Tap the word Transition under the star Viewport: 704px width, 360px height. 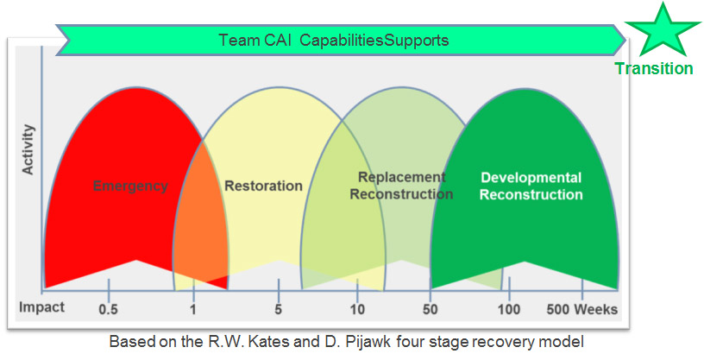654,69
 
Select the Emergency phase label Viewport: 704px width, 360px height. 130,186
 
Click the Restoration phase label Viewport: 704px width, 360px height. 263,186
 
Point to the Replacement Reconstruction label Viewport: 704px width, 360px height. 401,186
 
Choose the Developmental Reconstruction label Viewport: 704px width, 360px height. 531,186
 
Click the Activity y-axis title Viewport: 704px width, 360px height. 28,149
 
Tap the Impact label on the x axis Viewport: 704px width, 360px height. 41,307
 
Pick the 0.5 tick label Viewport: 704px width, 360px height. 108,309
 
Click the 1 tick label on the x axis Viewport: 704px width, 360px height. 193,309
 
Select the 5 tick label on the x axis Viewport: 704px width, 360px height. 279,309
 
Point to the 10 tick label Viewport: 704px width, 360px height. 357,309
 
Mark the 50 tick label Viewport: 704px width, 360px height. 431,309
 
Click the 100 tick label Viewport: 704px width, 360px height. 509,309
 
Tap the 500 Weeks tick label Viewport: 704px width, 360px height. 582,309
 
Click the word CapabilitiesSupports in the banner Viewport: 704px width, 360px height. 374,41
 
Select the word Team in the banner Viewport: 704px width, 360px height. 238,40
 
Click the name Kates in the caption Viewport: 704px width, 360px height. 270,342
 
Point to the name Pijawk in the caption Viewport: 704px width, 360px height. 369,343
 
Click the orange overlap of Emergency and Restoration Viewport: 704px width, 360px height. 201,224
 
